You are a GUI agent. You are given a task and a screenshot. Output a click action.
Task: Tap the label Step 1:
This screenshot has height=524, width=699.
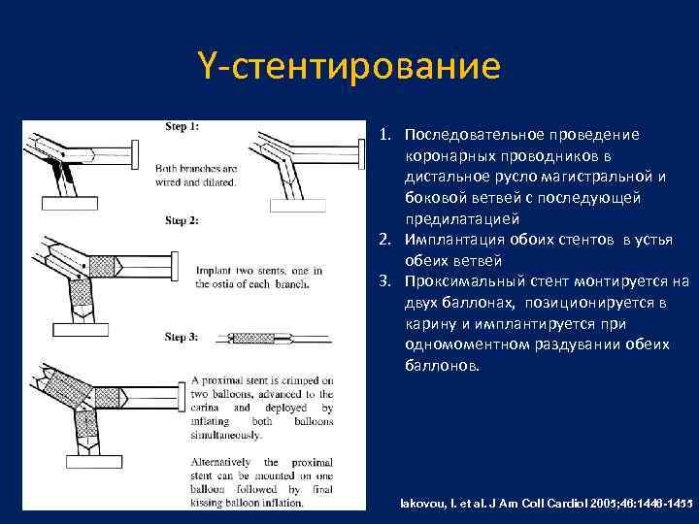tap(182, 126)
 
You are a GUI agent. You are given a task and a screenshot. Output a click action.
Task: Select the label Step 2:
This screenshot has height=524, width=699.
tap(182, 220)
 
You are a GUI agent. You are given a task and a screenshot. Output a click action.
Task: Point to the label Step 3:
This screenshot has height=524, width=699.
tap(182, 337)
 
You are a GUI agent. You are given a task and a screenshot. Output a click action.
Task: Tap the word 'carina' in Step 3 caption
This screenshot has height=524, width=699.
tap(210, 409)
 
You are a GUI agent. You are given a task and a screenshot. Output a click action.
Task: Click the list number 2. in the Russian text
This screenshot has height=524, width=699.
tap(386, 240)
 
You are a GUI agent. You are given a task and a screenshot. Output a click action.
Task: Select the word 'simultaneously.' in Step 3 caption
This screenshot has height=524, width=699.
tap(232, 437)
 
